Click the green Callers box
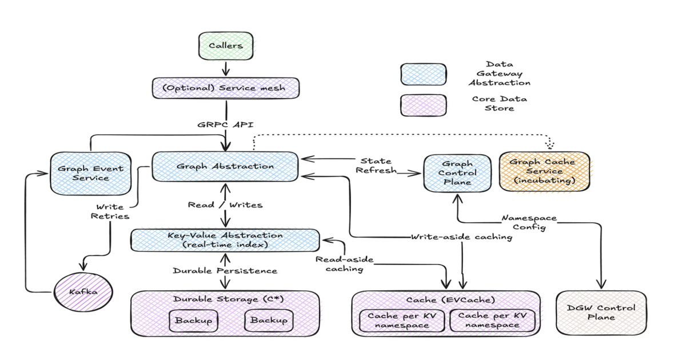click(x=225, y=46)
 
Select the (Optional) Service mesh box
click(x=226, y=89)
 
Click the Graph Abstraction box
click(x=225, y=166)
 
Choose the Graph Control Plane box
click(x=457, y=173)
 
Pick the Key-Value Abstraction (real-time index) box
click(x=225, y=240)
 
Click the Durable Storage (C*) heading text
click(x=225, y=299)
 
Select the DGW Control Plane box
click(x=600, y=312)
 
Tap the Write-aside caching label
click(x=461, y=237)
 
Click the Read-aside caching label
click(x=344, y=264)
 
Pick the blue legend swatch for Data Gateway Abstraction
click(x=424, y=74)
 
